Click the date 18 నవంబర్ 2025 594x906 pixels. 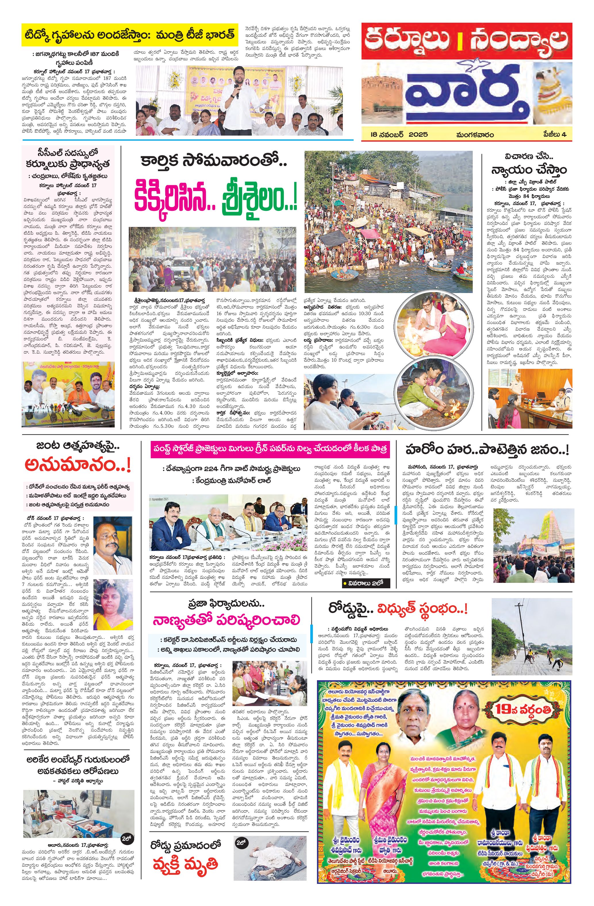[399, 134]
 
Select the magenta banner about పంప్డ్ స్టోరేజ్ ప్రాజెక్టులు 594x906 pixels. [270, 448]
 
